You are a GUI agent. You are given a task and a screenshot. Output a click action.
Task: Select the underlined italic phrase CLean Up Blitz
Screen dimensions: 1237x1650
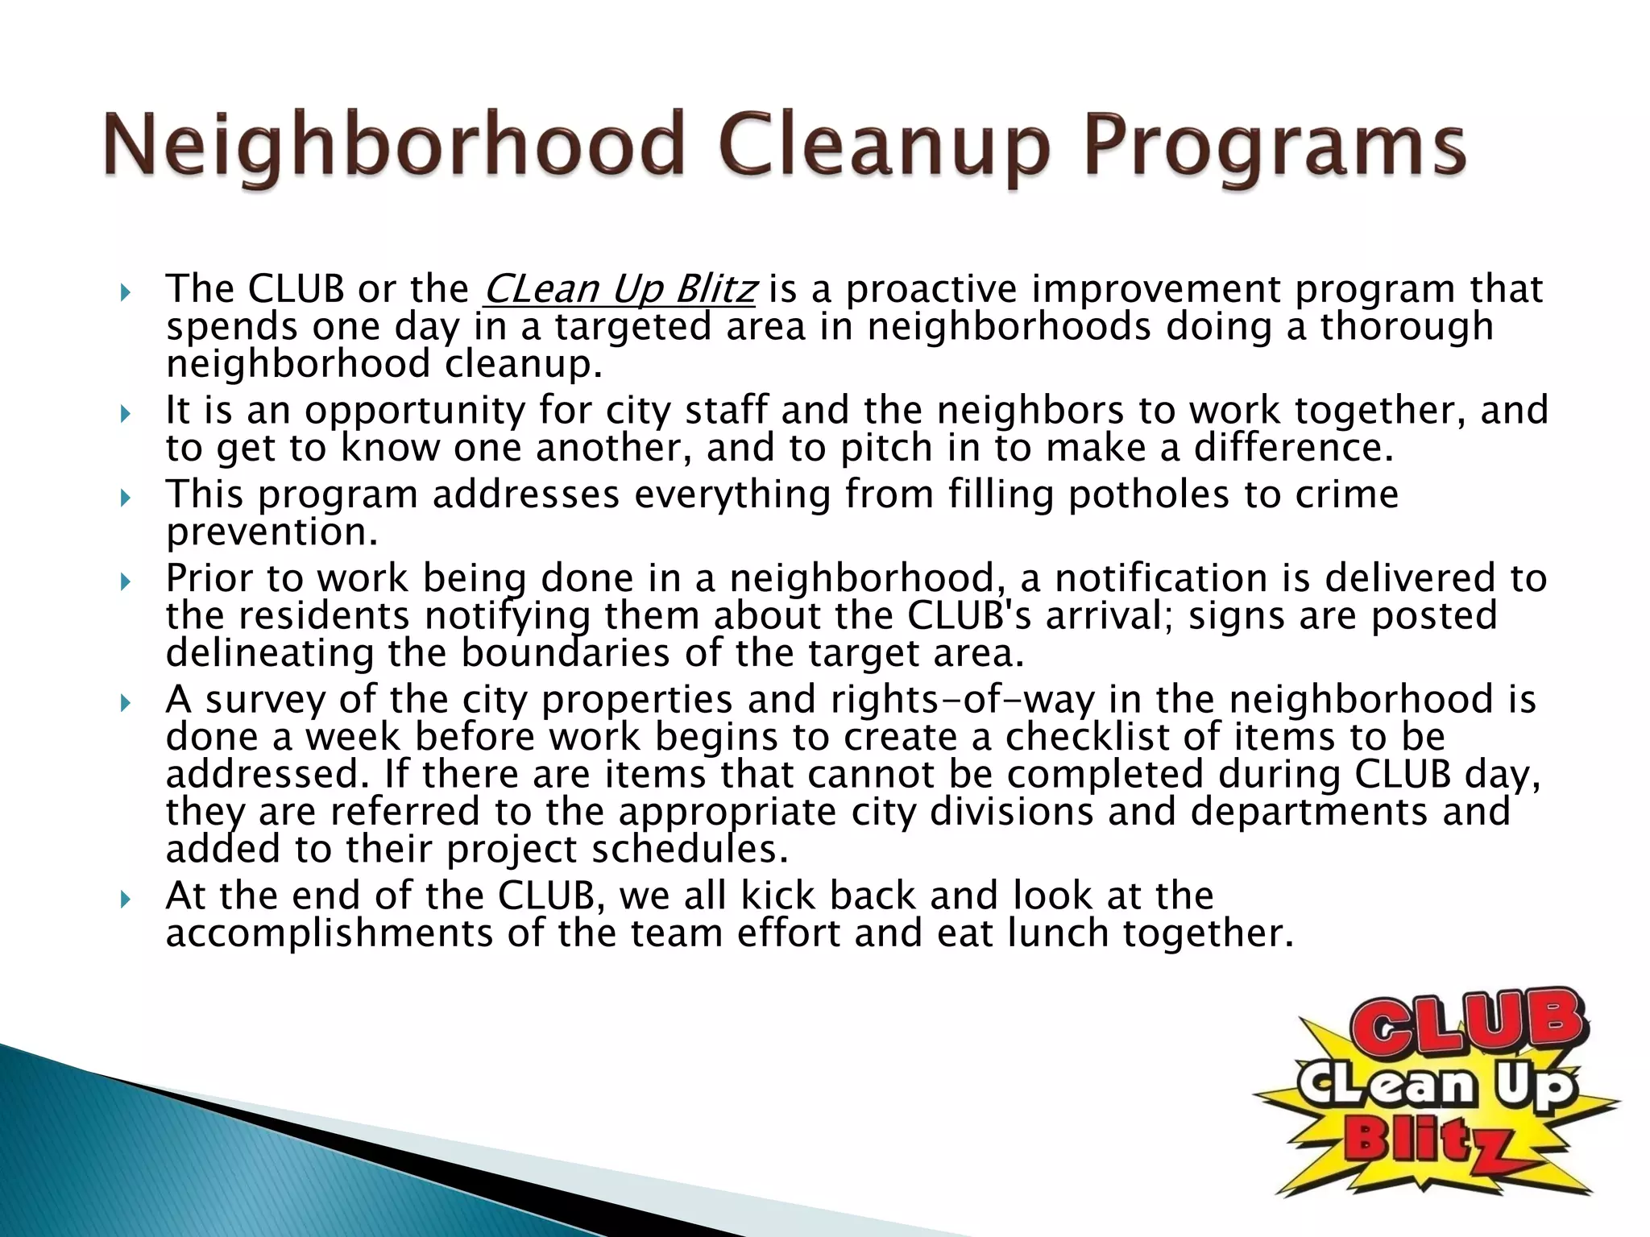click(620, 289)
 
